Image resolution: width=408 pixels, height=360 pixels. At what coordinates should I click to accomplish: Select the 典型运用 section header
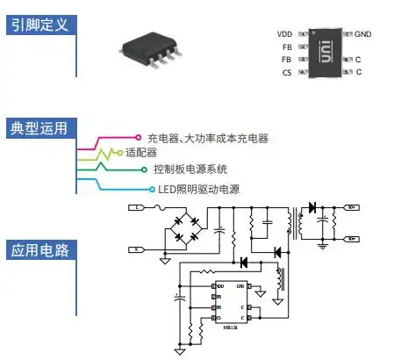[x=39, y=129]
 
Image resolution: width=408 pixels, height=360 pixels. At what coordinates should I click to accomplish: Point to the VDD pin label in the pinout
[x=283, y=33]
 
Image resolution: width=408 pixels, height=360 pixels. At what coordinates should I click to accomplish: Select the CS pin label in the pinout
[x=286, y=72]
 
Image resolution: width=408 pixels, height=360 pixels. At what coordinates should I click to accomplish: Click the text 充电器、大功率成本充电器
[x=208, y=138]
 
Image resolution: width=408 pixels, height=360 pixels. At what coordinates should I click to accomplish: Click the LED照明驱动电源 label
[x=198, y=189]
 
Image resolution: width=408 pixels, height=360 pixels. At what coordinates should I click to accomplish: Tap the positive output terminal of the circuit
[x=351, y=208]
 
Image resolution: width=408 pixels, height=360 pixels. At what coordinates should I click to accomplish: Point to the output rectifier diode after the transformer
[x=311, y=208]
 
